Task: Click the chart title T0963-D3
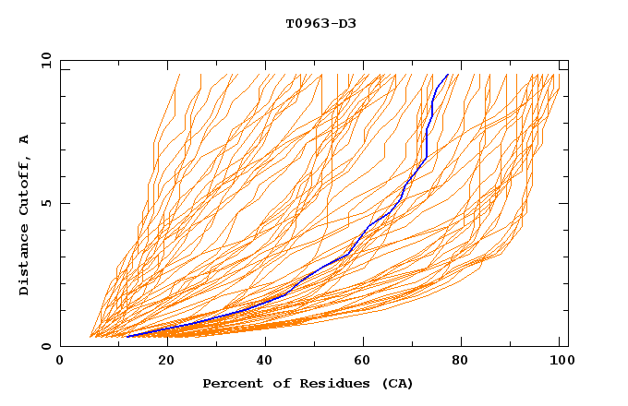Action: [320, 23]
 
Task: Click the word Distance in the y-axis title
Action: [24, 261]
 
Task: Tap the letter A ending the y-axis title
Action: [24, 139]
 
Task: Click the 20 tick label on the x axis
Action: [168, 361]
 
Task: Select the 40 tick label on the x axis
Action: [268, 361]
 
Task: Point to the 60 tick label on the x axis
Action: [368, 361]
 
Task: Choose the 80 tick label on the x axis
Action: [467, 361]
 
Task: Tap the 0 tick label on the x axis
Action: [61, 361]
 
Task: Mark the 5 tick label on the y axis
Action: [45, 203]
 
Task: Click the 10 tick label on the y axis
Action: [42, 60]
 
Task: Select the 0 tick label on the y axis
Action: [45, 346]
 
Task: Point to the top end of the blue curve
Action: [448, 74]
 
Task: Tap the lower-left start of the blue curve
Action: [126, 337]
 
